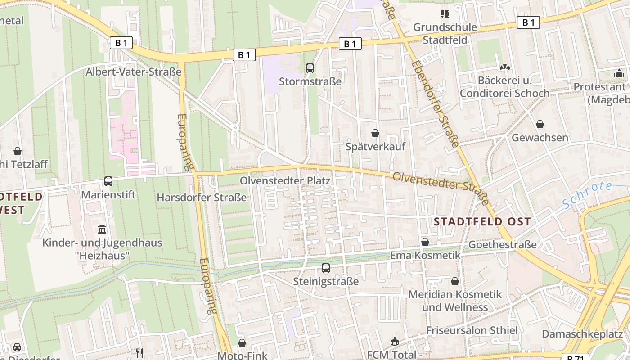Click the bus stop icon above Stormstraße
[x=310, y=68]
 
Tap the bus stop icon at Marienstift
[x=108, y=181]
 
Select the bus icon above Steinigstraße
[x=326, y=269]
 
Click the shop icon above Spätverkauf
[x=375, y=133]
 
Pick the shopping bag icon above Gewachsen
[x=540, y=124]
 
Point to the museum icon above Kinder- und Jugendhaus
[x=102, y=229]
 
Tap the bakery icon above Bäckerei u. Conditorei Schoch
[x=504, y=67]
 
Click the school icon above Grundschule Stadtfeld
[x=445, y=14]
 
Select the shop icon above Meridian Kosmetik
[x=455, y=281]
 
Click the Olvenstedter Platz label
[x=285, y=181]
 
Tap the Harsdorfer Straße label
[x=202, y=198]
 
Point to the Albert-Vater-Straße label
[x=134, y=72]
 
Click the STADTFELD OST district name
[x=482, y=221]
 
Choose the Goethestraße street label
[x=503, y=244]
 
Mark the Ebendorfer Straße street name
[x=435, y=103]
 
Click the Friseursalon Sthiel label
[x=472, y=330]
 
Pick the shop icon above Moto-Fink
[x=242, y=343]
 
